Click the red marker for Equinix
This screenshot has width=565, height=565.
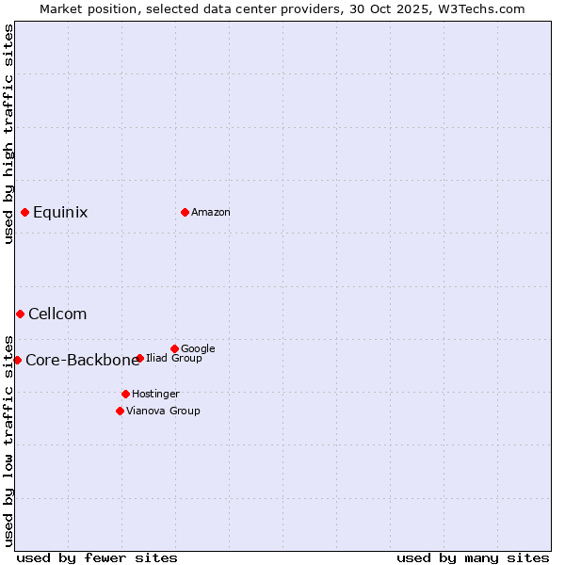click(x=24, y=212)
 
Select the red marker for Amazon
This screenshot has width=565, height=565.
click(x=185, y=212)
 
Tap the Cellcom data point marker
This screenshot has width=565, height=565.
click(x=20, y=314)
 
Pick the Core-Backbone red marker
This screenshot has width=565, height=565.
click(x=17, y=360)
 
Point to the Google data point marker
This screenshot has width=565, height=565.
click(x=174, y=348)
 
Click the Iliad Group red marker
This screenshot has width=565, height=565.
click(x=139, y=358)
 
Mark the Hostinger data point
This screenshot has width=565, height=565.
click(x=125, y=394)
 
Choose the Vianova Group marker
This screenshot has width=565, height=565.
click(x=120, y=411)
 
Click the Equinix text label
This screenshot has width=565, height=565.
click(x=60, y=213)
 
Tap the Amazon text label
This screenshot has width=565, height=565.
click(x=211, y=213)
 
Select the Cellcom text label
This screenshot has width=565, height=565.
click(x=57, y=315)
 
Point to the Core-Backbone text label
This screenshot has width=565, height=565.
click(x=82, y=361)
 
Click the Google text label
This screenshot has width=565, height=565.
click(x=198, y=348)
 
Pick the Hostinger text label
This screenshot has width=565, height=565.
click(x=155, y=394)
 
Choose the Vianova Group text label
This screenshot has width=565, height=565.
click(x=163, y=411)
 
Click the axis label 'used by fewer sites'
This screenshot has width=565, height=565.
click(x=97, y=557)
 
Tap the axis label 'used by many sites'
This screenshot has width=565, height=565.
click(x=473, y=557)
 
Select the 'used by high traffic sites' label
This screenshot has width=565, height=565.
click(x=8, y=134)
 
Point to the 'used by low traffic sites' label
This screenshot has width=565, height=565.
click(x=8, y=440)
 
